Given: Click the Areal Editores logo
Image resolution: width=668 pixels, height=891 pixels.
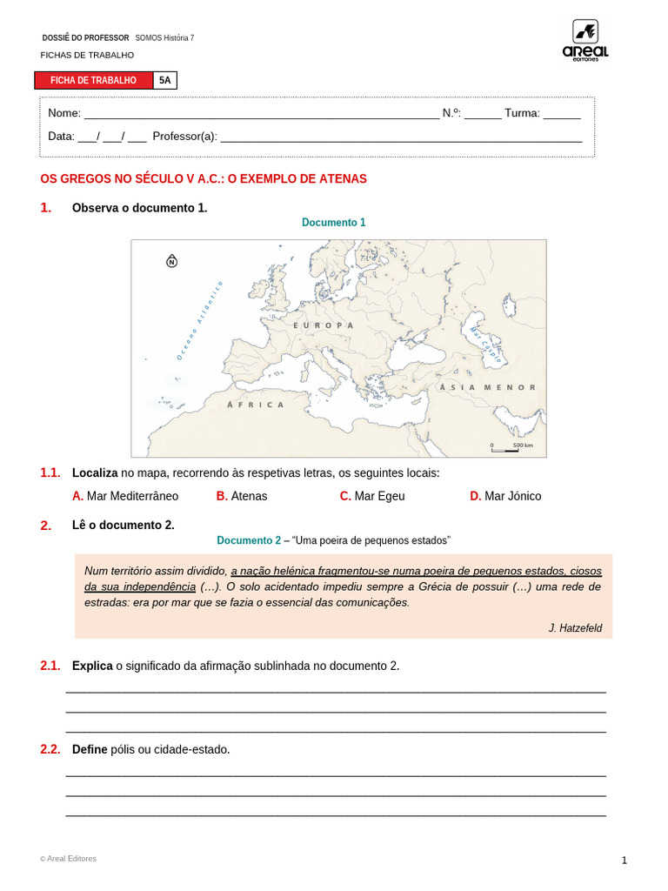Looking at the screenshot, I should (x=584, y=40).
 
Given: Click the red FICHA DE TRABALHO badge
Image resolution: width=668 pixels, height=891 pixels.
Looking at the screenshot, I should (x=94, y=80).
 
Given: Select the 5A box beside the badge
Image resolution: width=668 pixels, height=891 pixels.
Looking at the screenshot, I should (x=165, y=80).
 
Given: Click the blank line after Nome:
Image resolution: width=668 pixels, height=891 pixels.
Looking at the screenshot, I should (x=261, y=114).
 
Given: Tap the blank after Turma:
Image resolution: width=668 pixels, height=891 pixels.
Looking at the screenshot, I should (x=562, y=114).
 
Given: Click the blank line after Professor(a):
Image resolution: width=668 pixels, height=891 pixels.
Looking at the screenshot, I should (x=401, y=137).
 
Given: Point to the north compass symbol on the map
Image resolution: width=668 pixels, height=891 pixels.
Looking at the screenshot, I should (x=171, y=261).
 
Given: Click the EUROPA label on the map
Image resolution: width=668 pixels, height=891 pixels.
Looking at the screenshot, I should (x=324, y=325).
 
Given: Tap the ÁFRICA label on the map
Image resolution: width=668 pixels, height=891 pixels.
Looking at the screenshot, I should (x=256, y=405).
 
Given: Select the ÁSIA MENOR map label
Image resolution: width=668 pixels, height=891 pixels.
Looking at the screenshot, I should (x=487, y=387).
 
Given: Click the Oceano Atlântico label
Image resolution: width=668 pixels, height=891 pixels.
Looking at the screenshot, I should (x=200, y=319).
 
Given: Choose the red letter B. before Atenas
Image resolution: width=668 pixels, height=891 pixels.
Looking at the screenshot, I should (x=222, y=496).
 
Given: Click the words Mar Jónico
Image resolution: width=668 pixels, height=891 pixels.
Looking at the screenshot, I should (x=512, y=496).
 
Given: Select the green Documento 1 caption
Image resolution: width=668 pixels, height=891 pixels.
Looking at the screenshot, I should (x=333, y=223).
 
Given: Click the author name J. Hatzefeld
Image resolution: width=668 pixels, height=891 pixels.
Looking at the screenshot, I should (x=575, y=628).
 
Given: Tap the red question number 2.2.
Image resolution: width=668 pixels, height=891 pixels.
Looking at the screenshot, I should (x=50, y=749).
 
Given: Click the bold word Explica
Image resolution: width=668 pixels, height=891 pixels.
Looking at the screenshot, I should (x=92, y=666).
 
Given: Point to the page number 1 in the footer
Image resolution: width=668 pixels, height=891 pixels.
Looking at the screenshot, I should (x=624, y=861).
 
